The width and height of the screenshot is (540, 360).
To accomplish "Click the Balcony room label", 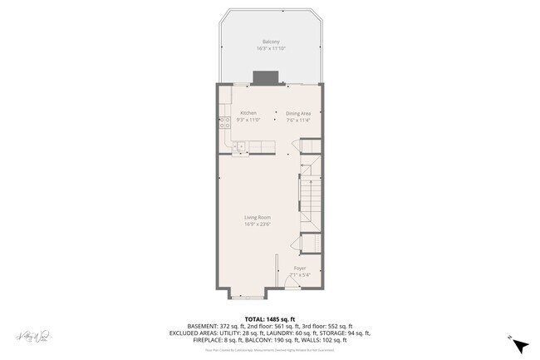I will coord(270,42).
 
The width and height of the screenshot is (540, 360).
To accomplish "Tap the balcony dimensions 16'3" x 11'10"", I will coord(270,49).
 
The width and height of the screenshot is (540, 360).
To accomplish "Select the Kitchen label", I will coord(248,112).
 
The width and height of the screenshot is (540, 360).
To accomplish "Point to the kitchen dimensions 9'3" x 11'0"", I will coord(248,120).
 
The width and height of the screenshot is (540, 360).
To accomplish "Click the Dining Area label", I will coord(298,112).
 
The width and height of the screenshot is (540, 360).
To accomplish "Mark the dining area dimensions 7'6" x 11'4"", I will coord(298,120).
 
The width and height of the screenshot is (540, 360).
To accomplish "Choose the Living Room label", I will coord(258,217).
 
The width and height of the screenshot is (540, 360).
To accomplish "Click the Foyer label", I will coord(299,268).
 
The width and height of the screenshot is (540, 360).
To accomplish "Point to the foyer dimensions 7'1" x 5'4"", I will coord(299,275).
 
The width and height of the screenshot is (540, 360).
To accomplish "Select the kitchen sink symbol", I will coord(238,147).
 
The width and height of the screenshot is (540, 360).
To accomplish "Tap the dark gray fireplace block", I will coord(266,78).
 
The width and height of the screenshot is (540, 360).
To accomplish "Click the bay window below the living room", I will coord(247,295).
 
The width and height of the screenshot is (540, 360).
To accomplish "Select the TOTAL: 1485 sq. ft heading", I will coord(270,318).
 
